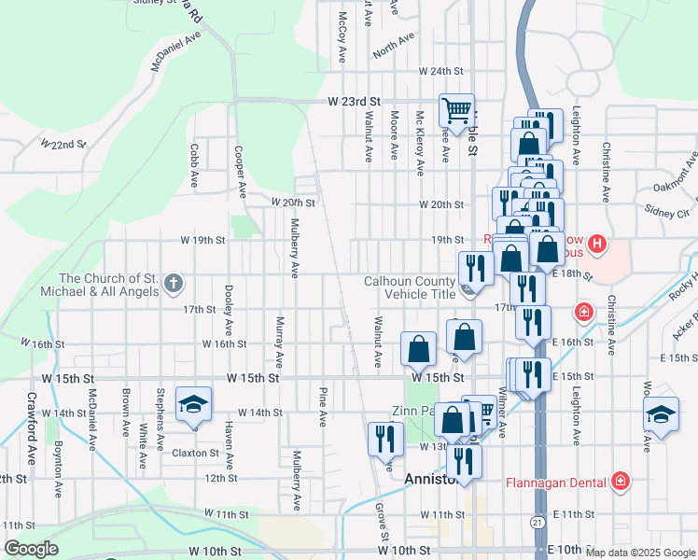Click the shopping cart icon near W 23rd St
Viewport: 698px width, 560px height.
pos(456,109)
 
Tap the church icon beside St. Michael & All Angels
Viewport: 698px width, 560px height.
pos(173,282)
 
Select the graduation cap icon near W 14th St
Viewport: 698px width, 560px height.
pos(194,403)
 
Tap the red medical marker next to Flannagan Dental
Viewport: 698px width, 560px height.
pos(621,482)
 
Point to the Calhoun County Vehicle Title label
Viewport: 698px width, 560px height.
pos(409,287)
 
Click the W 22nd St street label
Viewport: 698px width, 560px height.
pos(63,145)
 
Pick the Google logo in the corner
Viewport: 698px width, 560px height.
pos(31,549)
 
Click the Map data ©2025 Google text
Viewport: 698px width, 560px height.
pos(640,553)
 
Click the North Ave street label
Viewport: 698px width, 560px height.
pos(393,44)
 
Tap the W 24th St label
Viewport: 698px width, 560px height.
pos(441,71)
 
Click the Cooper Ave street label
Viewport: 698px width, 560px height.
pos(240,172)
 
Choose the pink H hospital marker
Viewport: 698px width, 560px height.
pos(597,246)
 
